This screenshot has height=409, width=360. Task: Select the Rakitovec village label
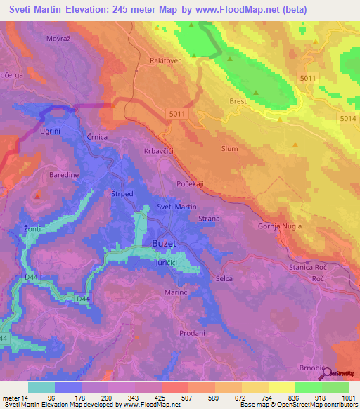point(165,61)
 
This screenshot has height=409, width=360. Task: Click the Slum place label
point(229,148)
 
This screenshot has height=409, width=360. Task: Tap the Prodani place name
point(192,333)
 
